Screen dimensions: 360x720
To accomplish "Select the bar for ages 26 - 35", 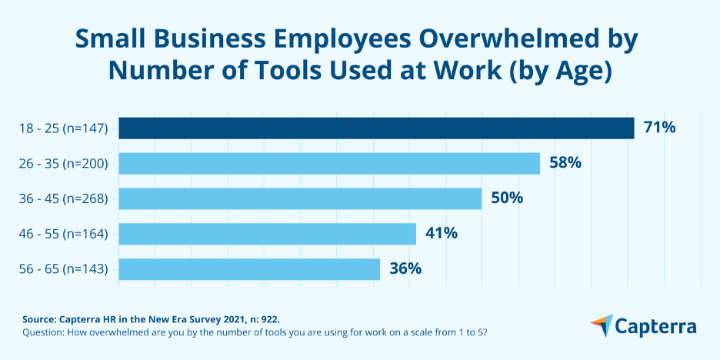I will [328, 163].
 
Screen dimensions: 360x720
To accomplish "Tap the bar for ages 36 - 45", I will [299, 198].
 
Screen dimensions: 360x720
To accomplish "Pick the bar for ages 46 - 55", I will [267, 234].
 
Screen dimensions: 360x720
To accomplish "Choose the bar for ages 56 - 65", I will [248, 269].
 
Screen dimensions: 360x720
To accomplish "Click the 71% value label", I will [660, 128].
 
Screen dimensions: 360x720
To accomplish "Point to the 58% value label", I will [565, 163].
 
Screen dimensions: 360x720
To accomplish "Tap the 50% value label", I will [507, 198].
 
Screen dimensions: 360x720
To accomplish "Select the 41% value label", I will [442, 234].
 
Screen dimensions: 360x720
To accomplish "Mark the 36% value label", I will [405, 269].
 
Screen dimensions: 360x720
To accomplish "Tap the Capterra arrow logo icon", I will [602, 325].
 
